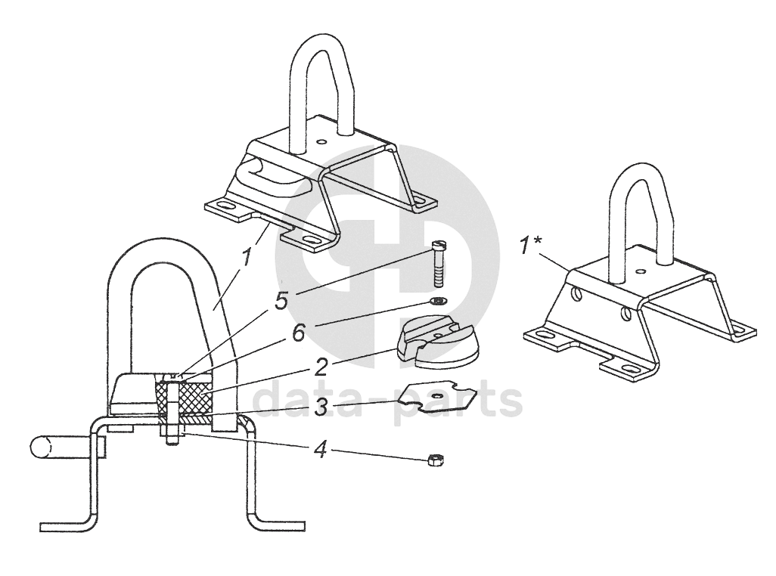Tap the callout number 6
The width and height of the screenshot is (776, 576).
point(300,332)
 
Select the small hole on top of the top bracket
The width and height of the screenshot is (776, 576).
point(323,141)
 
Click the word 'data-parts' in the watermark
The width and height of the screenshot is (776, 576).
point(386,400)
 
